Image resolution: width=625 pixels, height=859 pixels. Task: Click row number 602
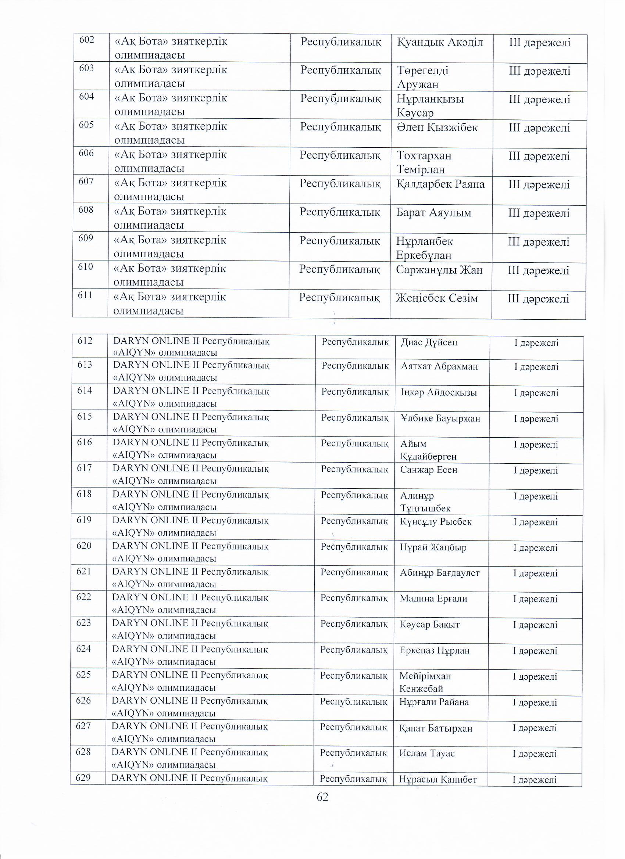[86, 40]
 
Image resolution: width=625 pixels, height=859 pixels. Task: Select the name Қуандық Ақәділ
[440, 42]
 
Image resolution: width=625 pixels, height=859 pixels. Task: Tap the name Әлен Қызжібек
[437, 127]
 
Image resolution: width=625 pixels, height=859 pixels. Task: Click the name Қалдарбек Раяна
[440, 184]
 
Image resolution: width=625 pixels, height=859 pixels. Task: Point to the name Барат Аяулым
[433, 212]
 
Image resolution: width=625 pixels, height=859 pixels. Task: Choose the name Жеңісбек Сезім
[437, 298]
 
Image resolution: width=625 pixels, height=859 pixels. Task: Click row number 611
[85, 295]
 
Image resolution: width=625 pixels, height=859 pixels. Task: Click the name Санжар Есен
[429, 470]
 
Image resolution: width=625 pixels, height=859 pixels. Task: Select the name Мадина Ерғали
[433, 599]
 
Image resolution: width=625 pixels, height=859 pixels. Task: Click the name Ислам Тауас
[427, 753]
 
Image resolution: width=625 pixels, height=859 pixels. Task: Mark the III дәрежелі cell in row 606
[539, 156]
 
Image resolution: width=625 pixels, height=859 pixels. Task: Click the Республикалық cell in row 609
[340, 241]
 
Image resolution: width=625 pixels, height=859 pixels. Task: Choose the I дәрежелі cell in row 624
[535, 651]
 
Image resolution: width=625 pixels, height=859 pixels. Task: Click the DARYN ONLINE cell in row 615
[191, 423]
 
